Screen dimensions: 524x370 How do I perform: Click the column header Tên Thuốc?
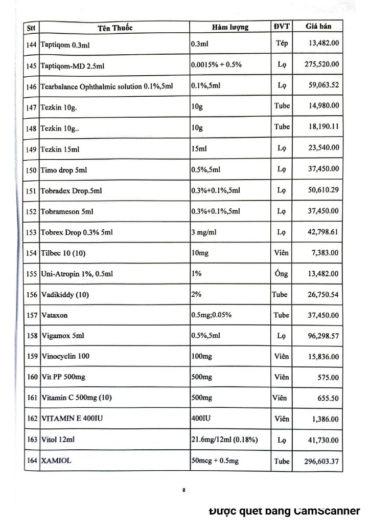pos(115,28)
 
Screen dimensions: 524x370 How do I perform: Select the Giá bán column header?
pos(318,26)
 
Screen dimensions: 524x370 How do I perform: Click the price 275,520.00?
pos(321,65)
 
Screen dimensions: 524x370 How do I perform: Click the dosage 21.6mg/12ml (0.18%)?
pos(224,440)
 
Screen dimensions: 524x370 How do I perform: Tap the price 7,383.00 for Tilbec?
pos(325,252)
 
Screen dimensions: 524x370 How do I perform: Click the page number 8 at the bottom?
pos(183,490)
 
